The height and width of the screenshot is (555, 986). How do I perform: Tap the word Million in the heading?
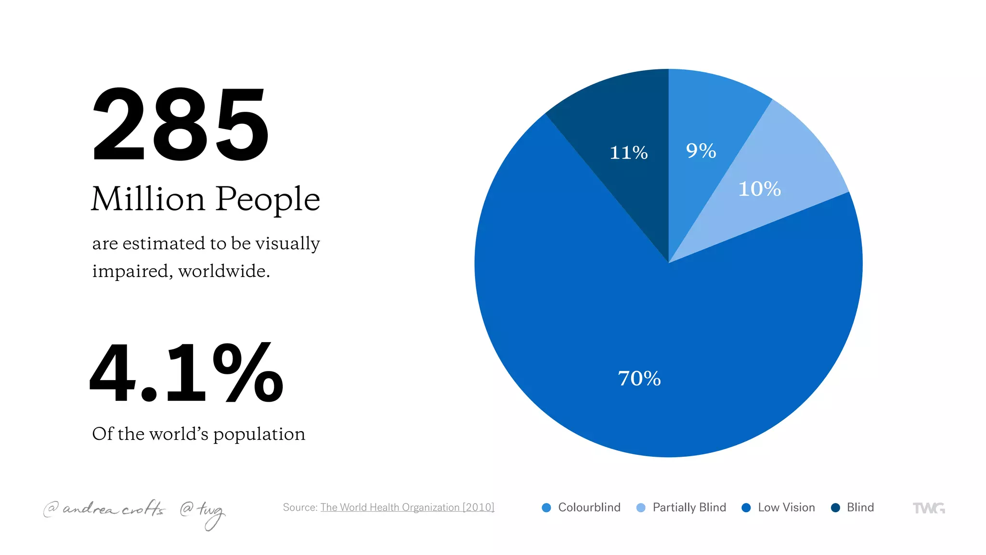(148, 199)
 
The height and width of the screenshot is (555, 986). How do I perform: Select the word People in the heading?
(268, 200)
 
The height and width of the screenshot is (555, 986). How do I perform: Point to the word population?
(259, 435)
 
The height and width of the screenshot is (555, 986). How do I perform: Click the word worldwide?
(223, 271)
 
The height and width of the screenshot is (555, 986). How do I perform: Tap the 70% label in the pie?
(639, 379)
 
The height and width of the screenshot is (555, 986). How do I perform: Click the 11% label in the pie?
(628, 153)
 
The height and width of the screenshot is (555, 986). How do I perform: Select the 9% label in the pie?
(701, 151)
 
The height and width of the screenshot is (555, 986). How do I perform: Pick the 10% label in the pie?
(759, 189)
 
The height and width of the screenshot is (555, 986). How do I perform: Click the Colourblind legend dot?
(546, 508)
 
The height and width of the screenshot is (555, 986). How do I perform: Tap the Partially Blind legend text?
(689, 508)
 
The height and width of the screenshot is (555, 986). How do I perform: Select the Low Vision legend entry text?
(786, 508)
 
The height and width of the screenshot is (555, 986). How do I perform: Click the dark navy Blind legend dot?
(835, 508)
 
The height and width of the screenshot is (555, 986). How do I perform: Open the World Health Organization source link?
(407, 507)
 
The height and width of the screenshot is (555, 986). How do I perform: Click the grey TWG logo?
(929, 508)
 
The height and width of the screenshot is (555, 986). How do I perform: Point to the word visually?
(287, 244)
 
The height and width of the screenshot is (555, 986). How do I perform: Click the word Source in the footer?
(299, 507)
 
